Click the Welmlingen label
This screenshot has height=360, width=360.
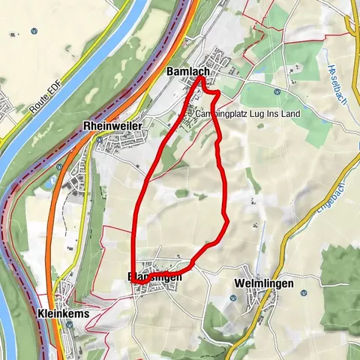(x=262, y=283)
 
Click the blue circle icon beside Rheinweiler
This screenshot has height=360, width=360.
(x=99, y=139)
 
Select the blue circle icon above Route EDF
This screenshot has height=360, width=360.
(x=34, y=31)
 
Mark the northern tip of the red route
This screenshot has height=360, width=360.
(x=201, y=77)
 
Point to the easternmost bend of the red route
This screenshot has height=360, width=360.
(x=227, y=218)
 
